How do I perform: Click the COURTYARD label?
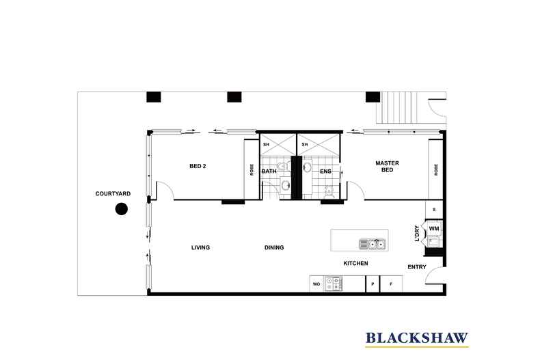tap(113, 194)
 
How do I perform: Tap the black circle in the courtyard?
tap(121, 209)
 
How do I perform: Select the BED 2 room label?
tap(198, 166)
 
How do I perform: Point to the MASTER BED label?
tap(387, 166)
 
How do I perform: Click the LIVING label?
tap(200, 247)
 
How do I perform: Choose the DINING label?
tap(274, 247)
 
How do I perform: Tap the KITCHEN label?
tap(355, 263)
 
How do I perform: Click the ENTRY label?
tap(417, 266)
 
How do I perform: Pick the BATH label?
tap(269, 171)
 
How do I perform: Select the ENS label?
tap(325, 171)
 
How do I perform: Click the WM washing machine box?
tap(434, 228)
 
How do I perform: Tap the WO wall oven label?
tap(316, 284)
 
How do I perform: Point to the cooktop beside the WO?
tap(334, 283)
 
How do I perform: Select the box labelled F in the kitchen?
tap(391, 284)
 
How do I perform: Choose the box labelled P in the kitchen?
tap(373, 284)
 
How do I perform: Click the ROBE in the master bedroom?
tap(435, 169)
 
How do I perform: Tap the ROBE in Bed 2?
tap(252, 169)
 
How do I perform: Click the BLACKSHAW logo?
tap(417, 339)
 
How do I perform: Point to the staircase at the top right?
tap(399, 108)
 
